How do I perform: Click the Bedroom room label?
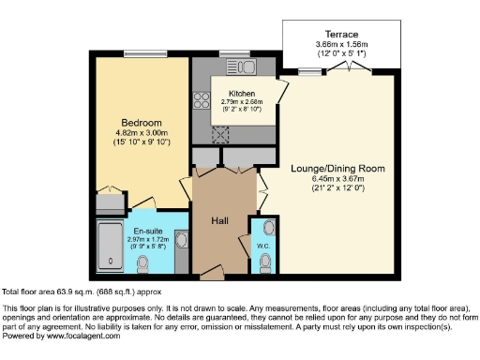pyautogui.click(x=142, y=123)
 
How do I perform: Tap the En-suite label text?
pyautogui.click(x=145, y=232)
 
